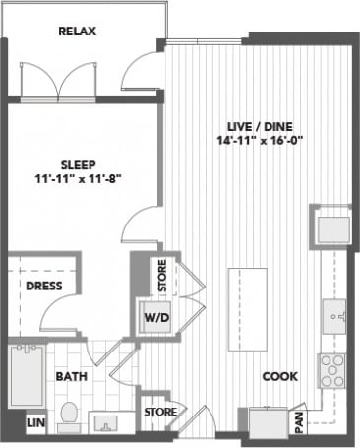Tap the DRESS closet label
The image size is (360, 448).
42,286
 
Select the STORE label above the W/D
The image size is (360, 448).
163,275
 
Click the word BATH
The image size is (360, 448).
69,377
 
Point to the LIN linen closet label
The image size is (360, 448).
34,421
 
